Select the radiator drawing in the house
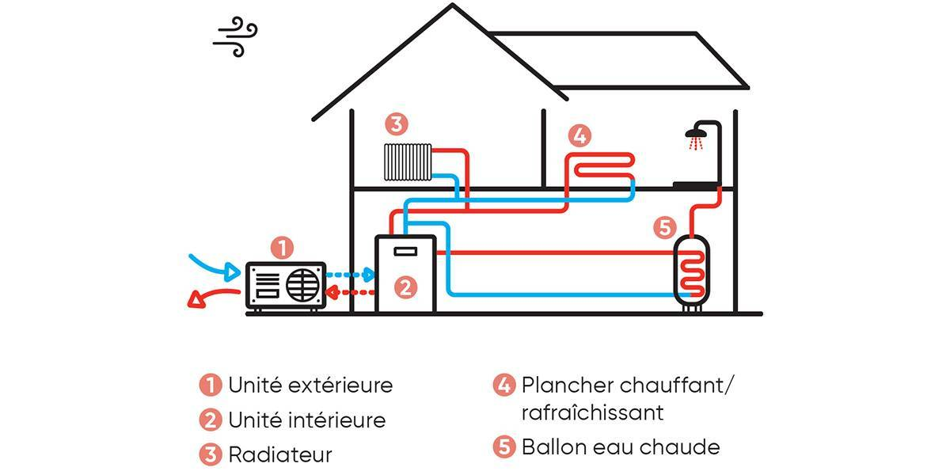coord(407,161)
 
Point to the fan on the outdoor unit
coord(304,285)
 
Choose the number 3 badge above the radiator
coord(396,124)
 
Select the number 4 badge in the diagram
coord(579,135)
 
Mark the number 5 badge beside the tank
coord(665,228)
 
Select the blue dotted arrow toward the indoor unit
coord(352,275)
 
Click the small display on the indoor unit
coord(405,252)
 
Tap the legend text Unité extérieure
coord(310,386)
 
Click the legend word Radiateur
coord(279,455)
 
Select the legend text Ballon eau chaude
coord(621,446)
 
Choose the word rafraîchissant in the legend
coord(592,412)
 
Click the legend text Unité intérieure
coord(306,420)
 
